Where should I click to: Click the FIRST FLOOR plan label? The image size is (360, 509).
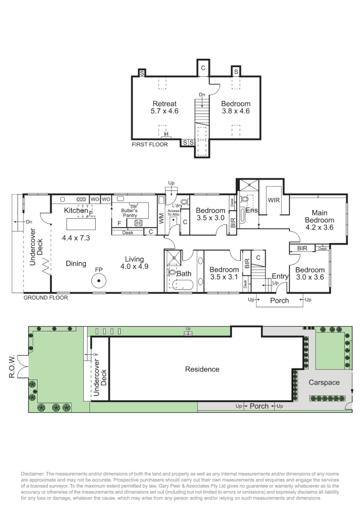point(149,145)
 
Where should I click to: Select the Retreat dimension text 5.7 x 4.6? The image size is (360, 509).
point(164,111)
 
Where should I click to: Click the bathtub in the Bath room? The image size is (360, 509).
point(181,285)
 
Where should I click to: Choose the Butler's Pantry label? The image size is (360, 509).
point(130,213)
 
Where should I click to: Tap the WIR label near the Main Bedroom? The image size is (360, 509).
point(274,200)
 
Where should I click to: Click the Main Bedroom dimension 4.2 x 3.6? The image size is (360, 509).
point(319,227)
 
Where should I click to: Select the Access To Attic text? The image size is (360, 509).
point(174,213)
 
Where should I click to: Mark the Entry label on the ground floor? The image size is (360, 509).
point(280,276)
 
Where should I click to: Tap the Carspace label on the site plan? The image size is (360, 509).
point(324,382)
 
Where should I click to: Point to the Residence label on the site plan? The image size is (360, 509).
point(202,369)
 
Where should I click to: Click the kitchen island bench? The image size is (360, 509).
point(81,222)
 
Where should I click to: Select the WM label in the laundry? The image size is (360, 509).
point(161,218)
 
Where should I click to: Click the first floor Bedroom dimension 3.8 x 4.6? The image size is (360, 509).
point(236,111)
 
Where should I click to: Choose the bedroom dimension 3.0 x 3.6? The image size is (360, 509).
point(309,277)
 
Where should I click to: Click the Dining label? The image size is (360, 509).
point(76,263)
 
